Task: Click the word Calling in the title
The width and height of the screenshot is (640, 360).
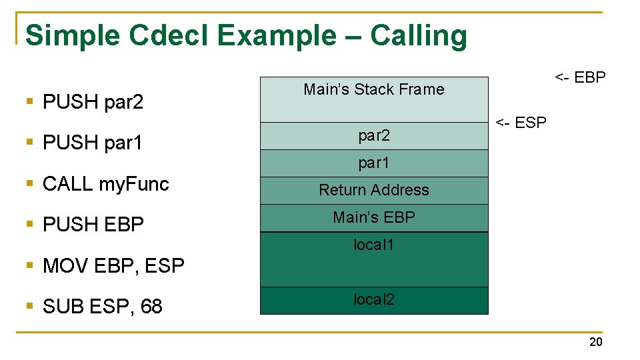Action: (419, 37)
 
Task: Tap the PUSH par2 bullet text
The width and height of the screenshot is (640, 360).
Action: (93, 102)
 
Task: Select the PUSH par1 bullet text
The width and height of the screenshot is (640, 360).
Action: (93, 143)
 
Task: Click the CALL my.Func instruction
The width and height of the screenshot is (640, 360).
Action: (105, 184)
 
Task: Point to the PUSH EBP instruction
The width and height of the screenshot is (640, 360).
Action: (93, 225)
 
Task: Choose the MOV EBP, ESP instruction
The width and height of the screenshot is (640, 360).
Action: (113, 265)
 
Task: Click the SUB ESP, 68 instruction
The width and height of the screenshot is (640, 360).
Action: (102, 306)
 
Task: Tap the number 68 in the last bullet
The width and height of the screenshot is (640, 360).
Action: (151, 306)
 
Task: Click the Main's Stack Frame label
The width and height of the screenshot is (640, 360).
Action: (373, 89)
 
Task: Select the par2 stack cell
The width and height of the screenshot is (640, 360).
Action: (373, 136)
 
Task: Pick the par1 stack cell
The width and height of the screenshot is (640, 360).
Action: (373, 163)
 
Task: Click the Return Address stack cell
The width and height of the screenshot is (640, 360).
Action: (373, 190)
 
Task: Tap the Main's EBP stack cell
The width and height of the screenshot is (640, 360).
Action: (373, 217)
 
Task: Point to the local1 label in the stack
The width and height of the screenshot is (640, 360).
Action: (373, 245)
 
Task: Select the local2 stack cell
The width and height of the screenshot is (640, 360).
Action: (373, 300)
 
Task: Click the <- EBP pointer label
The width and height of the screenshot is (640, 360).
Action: (580, 77)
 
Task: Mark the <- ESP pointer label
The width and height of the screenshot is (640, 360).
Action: (520, 123)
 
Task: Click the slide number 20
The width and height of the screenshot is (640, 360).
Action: (595, 342)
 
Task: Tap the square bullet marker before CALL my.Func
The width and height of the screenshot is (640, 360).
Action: (29, 183)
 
